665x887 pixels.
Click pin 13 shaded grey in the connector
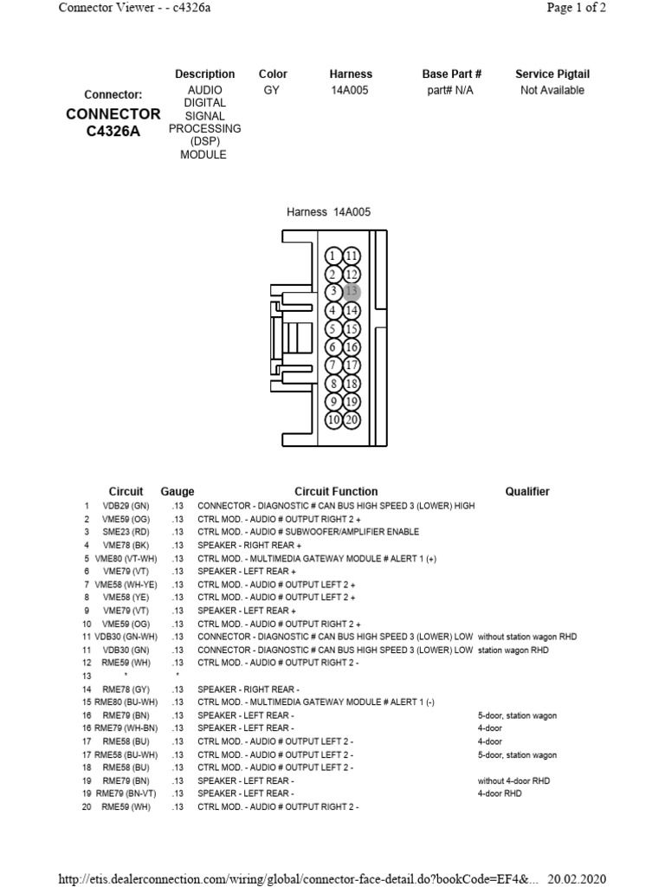click(x=352, y=292)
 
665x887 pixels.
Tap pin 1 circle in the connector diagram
click(x=333, y=256)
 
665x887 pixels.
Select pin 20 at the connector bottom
click(x=352, y=420)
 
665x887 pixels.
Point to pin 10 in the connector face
click(x=333, y=420)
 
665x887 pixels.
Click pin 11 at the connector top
click(x=352, y=256)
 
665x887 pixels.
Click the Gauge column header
click(x=178, y=491)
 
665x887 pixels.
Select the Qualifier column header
click(x=527, y=491)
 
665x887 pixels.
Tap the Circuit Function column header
click(x=336, y=491)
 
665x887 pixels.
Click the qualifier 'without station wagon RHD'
click(x=527, y=637)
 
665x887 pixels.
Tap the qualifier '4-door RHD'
click(x=501, y=793)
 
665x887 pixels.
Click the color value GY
click(x=272, y=90)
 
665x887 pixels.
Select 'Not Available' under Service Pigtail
click(x=552, y=90)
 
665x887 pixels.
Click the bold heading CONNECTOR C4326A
click(x=113, y=122)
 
